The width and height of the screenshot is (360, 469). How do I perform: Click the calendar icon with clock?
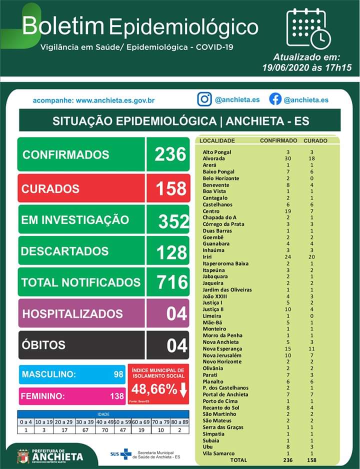[308, 28]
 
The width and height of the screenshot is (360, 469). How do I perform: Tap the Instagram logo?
[204, 99]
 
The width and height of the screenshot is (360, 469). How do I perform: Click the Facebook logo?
[275, 99]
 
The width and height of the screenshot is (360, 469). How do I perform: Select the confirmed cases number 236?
[170, 154]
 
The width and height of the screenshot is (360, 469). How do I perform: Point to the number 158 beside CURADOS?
[171, 188]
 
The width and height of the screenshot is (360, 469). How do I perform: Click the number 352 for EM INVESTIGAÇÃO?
[173, 221]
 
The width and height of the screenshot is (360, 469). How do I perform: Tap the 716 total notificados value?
[172, 282]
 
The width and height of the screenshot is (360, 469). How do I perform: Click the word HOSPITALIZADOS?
[72, 314]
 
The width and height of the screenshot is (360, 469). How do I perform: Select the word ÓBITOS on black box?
[43, 345]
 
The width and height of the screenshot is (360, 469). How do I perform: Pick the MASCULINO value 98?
[118, 374]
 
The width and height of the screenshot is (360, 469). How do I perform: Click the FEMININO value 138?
[117, 396]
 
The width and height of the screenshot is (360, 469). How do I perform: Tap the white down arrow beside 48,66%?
[183, 389]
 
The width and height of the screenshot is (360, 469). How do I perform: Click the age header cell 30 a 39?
[85, 422]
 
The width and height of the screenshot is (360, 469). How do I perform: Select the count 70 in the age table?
[105, 430]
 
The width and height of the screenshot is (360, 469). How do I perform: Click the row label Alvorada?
[213, 158]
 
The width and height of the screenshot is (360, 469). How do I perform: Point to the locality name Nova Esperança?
[222, 349]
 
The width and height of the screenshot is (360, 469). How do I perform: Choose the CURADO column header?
[315, 140]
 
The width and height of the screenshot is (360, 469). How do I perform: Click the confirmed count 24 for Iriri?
[287, 257]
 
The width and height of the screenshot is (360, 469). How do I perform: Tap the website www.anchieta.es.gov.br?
[115, 100]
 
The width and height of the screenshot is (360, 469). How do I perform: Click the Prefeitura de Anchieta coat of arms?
[23, 456]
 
